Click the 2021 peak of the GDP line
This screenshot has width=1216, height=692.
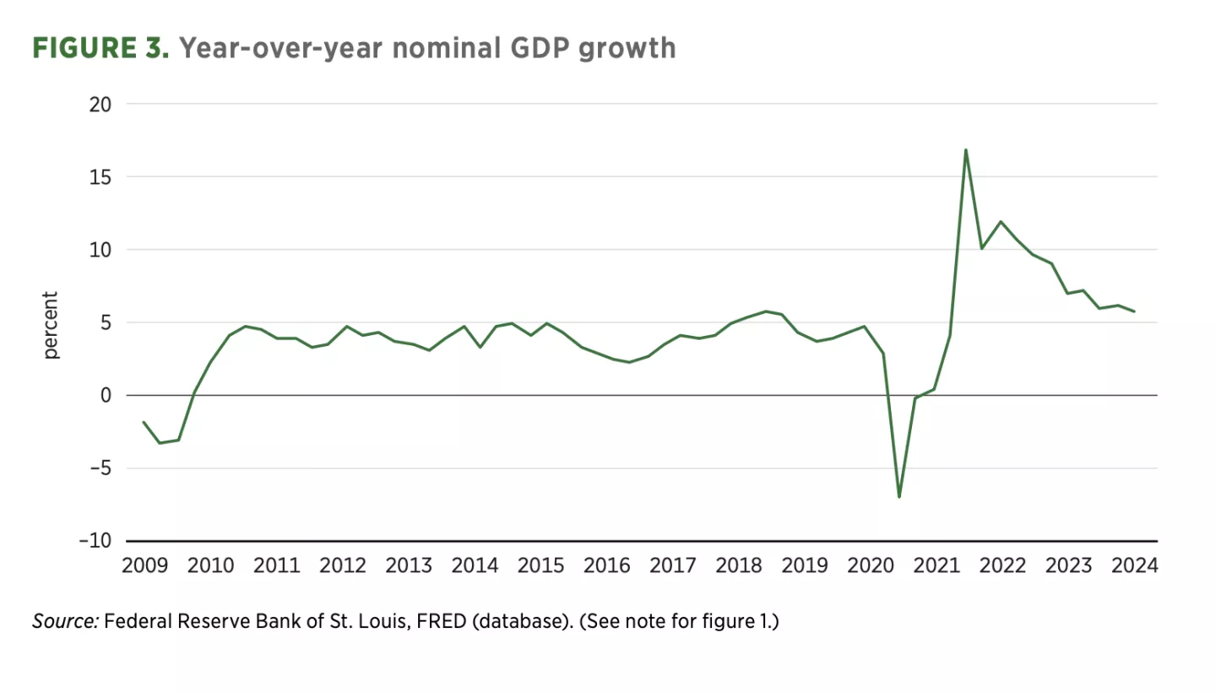(x=965, y=150)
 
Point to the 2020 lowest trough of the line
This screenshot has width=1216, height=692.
(x=899, y=496)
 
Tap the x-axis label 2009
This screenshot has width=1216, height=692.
(x=144, y=565)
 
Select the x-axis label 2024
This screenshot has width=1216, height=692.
(x=1133, y=565)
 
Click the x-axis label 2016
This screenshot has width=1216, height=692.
(x=606, y=565)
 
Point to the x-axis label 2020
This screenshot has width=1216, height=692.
(x=870, y=565)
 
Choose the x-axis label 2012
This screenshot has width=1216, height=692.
(x=342, y=565)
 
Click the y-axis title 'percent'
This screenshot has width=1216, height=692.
(x=52, y=326)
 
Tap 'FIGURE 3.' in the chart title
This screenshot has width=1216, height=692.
(x=101, y=48)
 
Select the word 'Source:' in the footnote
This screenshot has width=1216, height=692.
(x=66, y=622)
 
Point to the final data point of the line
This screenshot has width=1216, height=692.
(x=1133, y=311)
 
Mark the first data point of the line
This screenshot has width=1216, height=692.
(x=144, y=422)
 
